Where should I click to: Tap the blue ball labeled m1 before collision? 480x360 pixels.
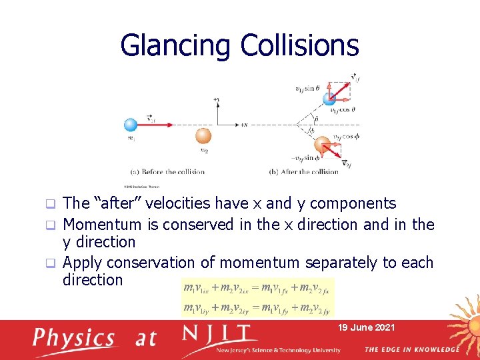pyautogui.click(x=132, y=124)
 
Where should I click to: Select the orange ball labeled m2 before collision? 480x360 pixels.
pyautogui.click(x=203, y=137)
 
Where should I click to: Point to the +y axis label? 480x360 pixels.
pyautogui.click(x=216, y=99)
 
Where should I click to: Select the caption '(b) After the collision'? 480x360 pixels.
pyautogui.click(x=303, y=171)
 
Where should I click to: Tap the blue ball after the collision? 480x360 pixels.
pyautogui.click(x=329, y=99)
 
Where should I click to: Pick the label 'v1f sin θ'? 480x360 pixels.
pyautogui.click(x=307, y=87)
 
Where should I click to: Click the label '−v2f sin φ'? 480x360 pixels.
pyautogui.click(x=307, y=158)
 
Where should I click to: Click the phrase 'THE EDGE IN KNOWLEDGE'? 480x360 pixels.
pyautogui.click(x=411, y=349)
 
